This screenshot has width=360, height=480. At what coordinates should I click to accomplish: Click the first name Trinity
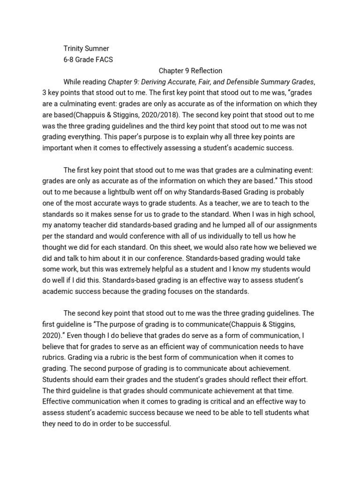pos(75,48)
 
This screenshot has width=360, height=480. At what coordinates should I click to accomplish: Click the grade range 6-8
pos(69,60)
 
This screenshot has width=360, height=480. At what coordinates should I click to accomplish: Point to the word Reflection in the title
pos(200,71)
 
